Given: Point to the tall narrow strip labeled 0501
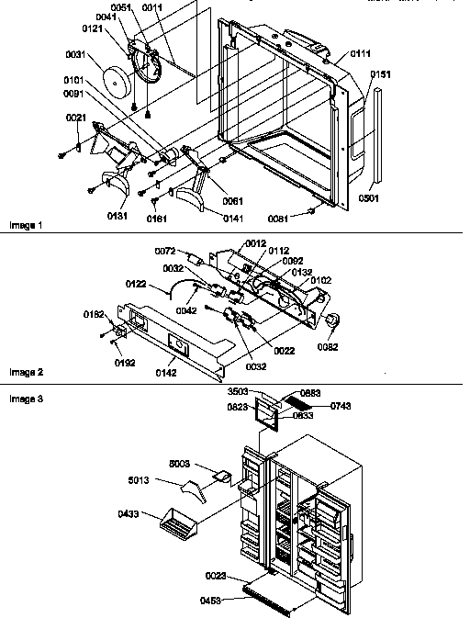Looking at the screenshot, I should click(375, 138).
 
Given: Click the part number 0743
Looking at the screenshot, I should click(341, 405).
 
